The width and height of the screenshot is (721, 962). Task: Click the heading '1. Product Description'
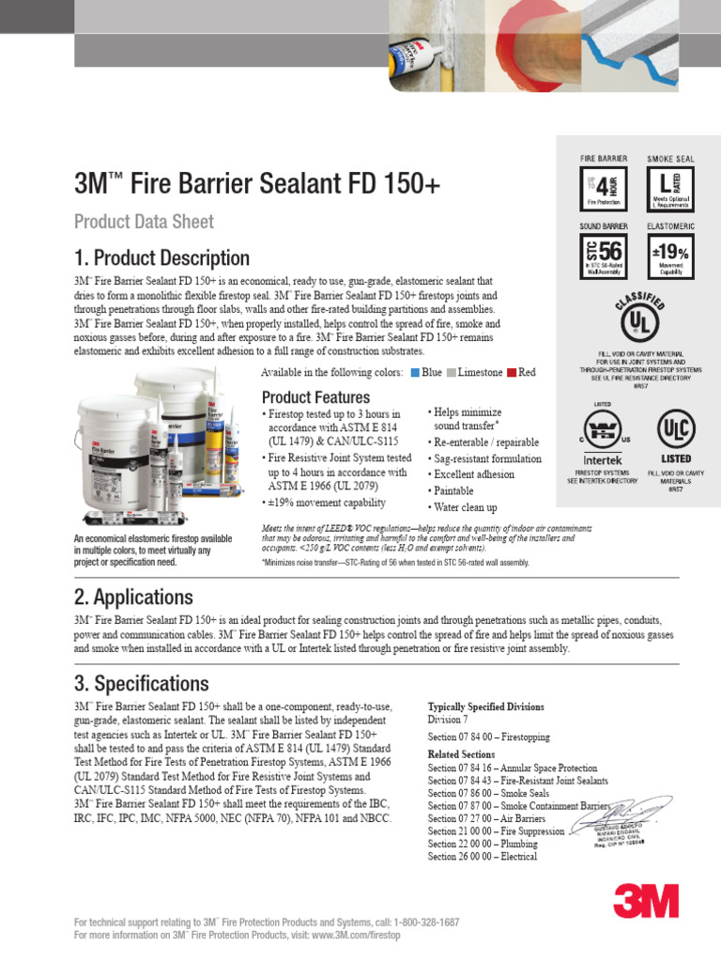161,258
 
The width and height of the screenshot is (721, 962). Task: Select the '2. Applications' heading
133,597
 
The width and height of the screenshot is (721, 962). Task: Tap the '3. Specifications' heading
141,683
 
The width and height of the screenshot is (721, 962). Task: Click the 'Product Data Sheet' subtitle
144,222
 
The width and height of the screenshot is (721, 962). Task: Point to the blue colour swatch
415,373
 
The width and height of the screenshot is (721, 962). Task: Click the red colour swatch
512,373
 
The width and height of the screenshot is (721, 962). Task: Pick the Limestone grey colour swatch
452,373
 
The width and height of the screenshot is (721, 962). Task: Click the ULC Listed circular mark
676,427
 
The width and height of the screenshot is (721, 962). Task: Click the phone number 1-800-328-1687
413,923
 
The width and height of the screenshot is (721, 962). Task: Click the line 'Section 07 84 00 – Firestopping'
489,737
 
